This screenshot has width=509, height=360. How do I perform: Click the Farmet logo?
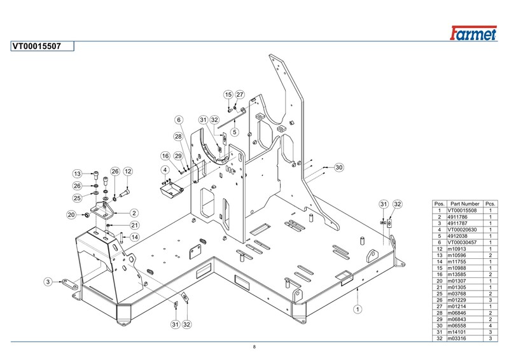[473, 33]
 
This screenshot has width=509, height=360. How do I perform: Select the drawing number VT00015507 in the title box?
[37, 46]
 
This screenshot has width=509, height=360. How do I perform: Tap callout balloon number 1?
[358, 309]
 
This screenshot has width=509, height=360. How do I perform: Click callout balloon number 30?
[339, 167]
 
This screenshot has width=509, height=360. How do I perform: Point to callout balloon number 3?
[48, 281]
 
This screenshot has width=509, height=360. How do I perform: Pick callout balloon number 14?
[135, 237]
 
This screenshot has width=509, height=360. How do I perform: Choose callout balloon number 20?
[71, 214]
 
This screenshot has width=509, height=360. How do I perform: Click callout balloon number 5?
[234, 132]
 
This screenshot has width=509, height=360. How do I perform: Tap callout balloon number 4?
[165, 170]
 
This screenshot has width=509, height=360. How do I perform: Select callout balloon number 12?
[129, 171]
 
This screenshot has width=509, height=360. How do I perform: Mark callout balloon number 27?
[240, 95]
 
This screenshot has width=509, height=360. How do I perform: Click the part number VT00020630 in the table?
[463, 230]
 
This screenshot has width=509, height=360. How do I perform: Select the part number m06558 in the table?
[457, 326]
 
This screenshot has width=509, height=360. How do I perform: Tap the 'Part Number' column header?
[465, 204]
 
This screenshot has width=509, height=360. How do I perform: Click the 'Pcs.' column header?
[490, 204]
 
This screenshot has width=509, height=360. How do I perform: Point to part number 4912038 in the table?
[457, 236]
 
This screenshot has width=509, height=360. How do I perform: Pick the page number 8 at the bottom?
[254, 347]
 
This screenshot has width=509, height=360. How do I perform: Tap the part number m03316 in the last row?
[457, 338]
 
